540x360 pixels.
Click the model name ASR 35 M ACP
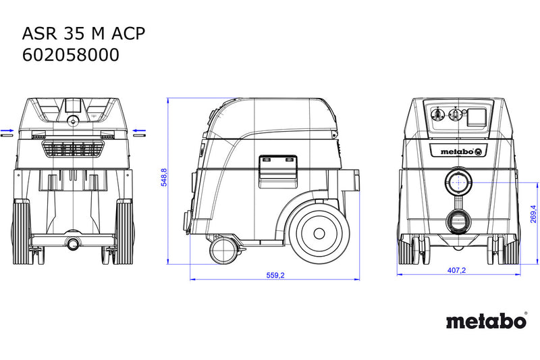click(x=84, y=34)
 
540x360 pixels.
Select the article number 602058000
click(x=71, y=55)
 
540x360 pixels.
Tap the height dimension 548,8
click(x=164, y=178)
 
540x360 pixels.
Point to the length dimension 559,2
click(x=275, y=276)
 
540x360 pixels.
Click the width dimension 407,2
click(x=456, y=270)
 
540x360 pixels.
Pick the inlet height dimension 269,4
click(x=533, y=214)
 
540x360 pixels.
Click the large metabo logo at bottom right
click(x=487, y=321)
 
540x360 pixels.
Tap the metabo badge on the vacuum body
click(x=462, y=151)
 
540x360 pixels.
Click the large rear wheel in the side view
click(x=319, y=234)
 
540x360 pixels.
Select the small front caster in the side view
click(x=223, y=250)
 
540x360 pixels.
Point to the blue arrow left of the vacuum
click(x=7, y=130)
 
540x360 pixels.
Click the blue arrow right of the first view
click(x=139, y=130)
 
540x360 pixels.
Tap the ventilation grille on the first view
click(x=73, y=149)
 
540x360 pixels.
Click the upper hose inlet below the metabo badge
click(x=458, y=182)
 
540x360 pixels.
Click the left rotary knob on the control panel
click(x=437, y=114)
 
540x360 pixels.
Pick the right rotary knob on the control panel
click(x=455, y=114)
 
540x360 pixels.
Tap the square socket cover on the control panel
click(x=477, y=117)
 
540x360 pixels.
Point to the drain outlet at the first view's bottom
click(x=73, y=244)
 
